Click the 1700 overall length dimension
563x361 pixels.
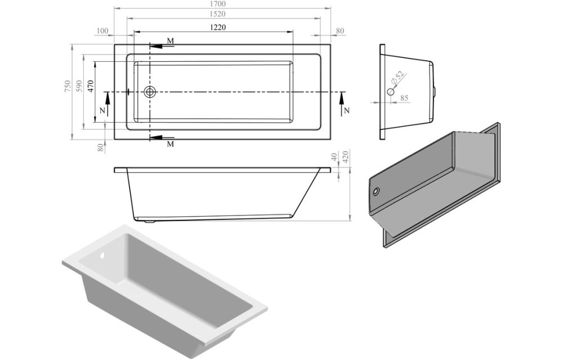point(222,5)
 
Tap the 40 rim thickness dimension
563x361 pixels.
point(334,157)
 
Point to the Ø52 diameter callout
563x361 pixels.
point(397,78)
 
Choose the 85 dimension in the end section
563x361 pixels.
point(404,98)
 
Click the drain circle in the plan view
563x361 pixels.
point(150,92)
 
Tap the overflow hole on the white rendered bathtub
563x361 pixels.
point(103,256)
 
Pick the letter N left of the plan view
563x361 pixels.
point(102,111)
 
